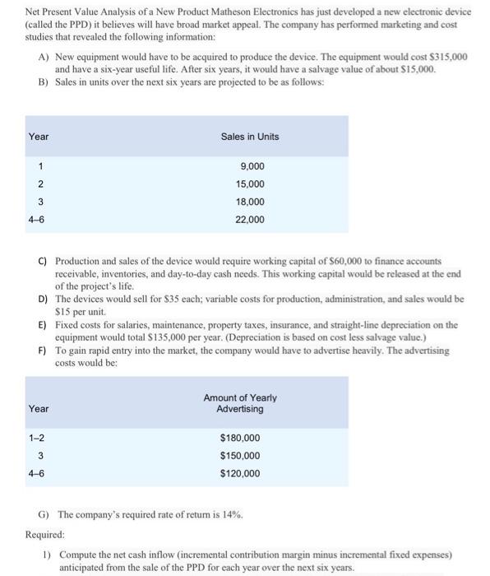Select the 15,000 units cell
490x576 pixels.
coord(249,183)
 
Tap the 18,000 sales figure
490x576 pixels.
coord(249,202)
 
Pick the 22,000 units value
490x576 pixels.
coord(249,220)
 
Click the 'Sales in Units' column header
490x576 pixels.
coord(249,136)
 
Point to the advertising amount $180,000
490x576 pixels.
coord(240,438)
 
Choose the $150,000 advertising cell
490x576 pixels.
coord(240,456)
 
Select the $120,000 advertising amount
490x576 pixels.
coord(240,473)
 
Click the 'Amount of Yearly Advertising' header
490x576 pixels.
coord(240,403)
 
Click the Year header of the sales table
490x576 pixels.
coord(39,136)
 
